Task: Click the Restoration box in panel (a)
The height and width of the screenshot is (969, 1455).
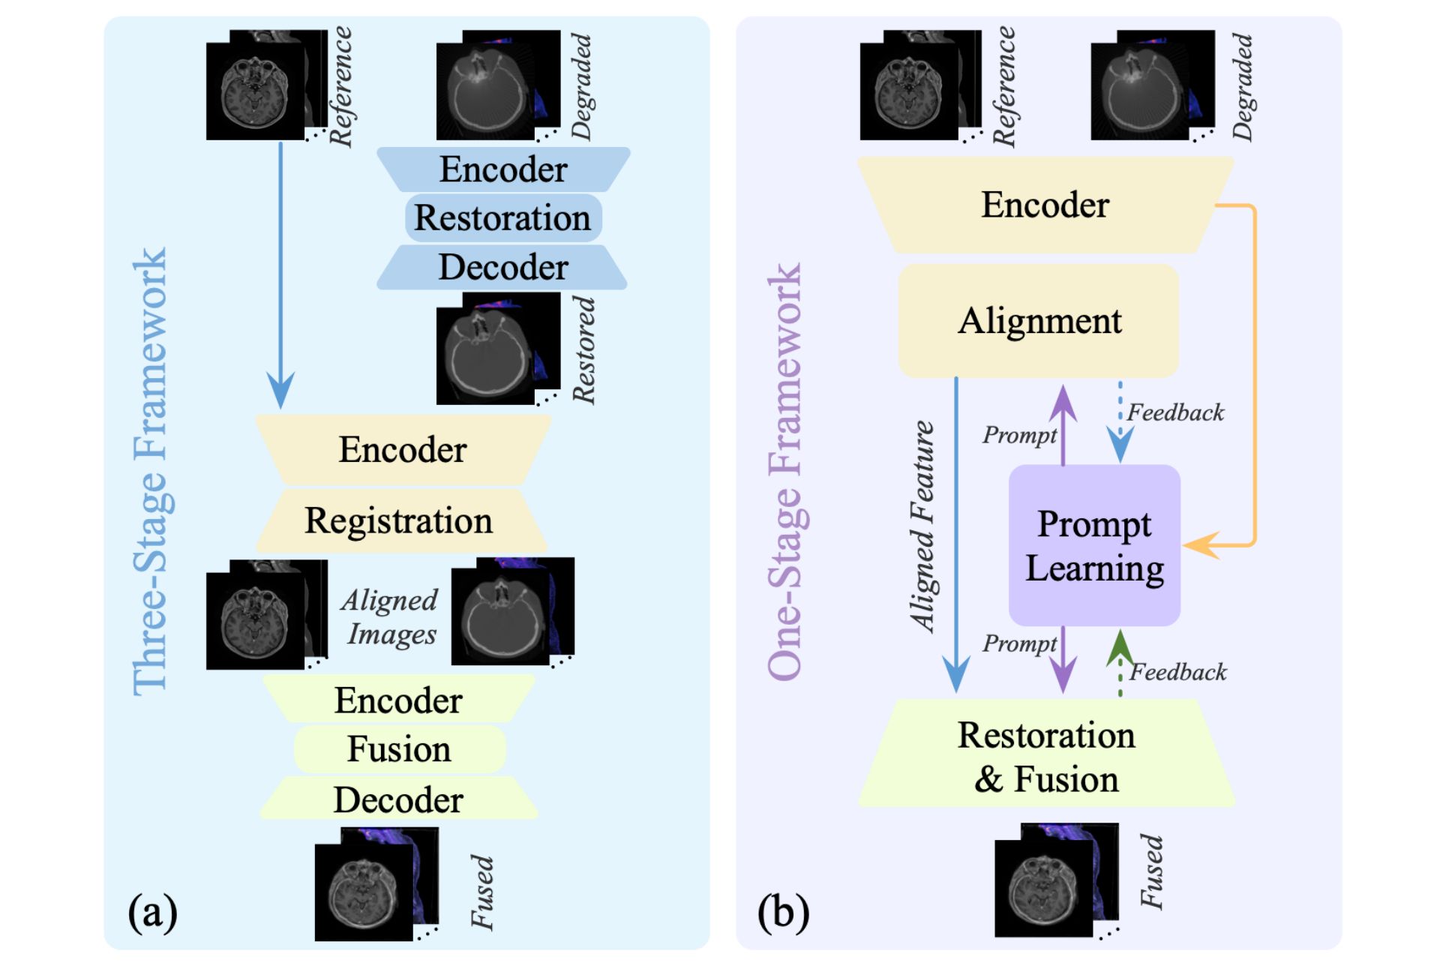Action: (502, 218)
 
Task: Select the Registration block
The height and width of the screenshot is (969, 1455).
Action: (399, 520)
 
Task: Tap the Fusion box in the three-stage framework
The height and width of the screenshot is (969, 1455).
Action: (399, 749)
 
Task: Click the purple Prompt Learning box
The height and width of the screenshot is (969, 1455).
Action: (1094, 545)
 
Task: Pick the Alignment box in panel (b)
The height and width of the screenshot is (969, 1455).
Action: (1039, 321)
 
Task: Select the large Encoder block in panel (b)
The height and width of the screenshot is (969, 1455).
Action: (1045, 205)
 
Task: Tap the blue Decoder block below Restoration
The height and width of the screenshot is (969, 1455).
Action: (502, 268)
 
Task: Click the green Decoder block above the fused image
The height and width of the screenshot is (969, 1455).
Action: (399, 799)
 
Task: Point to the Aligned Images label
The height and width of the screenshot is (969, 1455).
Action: (390, 616)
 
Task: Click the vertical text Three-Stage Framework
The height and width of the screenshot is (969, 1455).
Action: (150, 472)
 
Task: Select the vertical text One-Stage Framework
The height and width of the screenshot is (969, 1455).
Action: (785, 472)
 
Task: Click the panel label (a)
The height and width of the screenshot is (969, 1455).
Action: (152, 913)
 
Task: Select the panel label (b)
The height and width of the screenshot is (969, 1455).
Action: (783, 913)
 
